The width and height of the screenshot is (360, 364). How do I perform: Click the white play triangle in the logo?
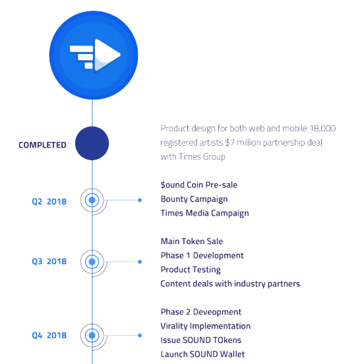point(105,55)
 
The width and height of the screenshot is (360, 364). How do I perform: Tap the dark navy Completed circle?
point(92,143)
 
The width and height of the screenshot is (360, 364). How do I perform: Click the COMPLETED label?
point(42,145)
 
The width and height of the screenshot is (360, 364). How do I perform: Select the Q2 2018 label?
point(49,202)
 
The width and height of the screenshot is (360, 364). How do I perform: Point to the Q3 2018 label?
point(49,261)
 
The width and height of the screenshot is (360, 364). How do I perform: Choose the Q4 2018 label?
point(49,335)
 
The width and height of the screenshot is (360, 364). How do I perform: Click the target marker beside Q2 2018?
point(92,200)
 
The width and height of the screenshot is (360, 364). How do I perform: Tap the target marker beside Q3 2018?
point(92,262)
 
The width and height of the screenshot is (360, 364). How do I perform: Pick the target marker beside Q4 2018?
point(92,336)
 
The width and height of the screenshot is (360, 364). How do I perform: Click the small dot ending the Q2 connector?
point(140,200)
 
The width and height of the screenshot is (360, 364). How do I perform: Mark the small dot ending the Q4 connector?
point(140,336)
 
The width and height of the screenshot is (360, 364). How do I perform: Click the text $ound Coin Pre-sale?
point(199,185)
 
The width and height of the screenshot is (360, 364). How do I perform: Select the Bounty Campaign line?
point(194,199)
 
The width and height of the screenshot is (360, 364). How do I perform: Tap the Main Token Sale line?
point(192,241)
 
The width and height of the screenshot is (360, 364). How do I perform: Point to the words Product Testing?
point(191,270)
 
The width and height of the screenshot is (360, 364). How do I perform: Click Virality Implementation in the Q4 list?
point(206,326)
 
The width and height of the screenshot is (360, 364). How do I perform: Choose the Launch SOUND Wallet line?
point(202,354)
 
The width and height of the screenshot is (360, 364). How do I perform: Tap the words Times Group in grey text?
point(202,157)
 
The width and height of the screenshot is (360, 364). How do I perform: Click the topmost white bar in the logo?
point(82,49)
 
